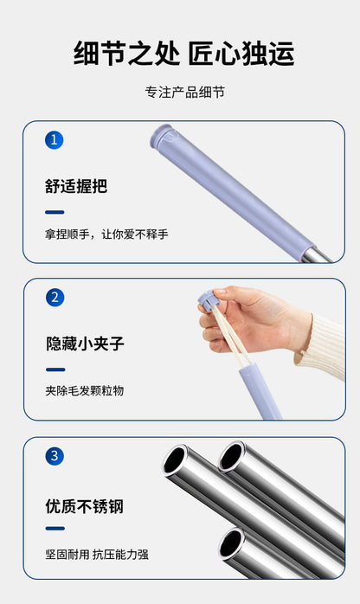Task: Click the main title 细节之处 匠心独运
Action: coord(183,54)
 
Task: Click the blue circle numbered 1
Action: coord(54,139)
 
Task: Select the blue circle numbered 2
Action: coord(54,298)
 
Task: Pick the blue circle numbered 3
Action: coord(54,456)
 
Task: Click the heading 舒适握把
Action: coord(76,186)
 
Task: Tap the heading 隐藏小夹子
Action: coord(85,344)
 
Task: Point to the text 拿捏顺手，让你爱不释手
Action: coord(106,235)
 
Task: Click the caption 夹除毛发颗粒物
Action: coord(85,391)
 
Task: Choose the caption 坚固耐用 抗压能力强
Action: coord(97,554)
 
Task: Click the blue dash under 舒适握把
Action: coord(55,212)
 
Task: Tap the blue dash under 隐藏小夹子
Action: coord(55,369)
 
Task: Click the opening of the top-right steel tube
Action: coord(231,455)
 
